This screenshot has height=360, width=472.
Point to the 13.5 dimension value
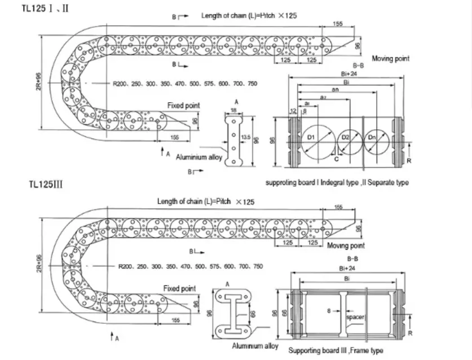(245, 138)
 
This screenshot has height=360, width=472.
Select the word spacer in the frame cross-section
(355, 317)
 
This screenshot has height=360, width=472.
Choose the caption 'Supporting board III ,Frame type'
(336, 350)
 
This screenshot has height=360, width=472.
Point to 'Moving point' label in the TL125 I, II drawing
(390, 59)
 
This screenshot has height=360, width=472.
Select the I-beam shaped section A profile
(232, 313)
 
